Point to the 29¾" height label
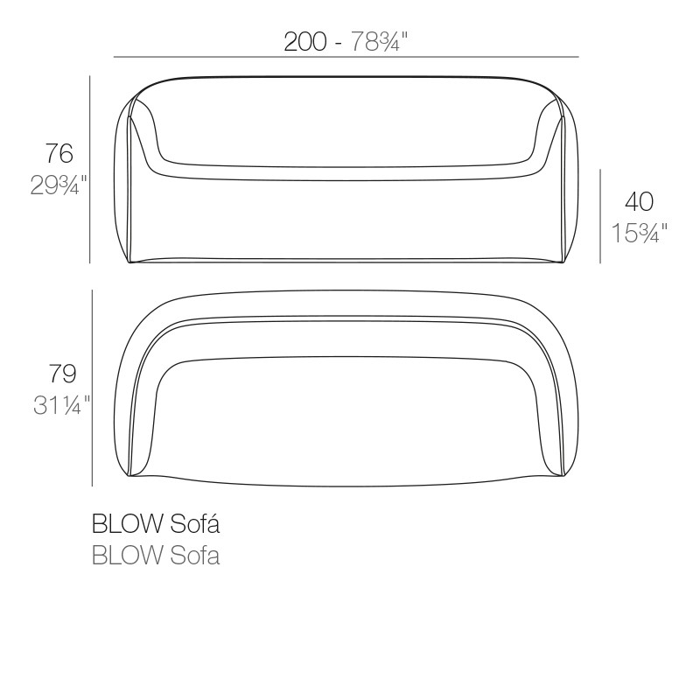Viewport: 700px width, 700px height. click(59, 185)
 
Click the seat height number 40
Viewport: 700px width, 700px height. click(640, 202)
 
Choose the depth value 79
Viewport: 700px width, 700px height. click(62, 374)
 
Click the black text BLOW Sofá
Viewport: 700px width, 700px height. click(155, 525)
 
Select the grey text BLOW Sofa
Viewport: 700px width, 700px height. click(155, 556)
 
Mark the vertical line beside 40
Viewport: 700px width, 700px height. click(599, 216)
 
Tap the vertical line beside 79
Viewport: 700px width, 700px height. click(93, 388)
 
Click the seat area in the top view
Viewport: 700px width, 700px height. click(346, 420)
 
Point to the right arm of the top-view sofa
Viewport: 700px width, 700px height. click(560, 394)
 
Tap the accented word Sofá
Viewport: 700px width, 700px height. click(192, 525)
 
